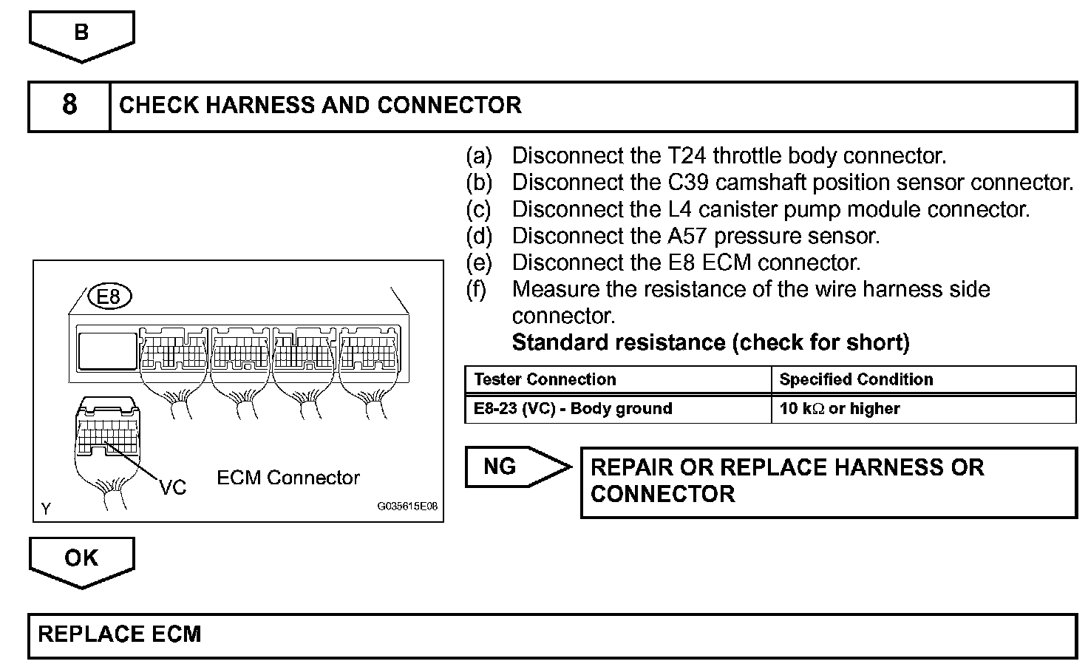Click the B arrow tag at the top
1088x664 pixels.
(x=81, y=33)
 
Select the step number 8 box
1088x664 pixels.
(x=69, y=105)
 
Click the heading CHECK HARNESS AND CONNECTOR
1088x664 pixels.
(x=320, y=105)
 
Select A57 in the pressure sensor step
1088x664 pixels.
(x=682, y=236)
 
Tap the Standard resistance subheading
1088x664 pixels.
(x=710, y=342)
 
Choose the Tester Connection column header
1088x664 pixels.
(x=545, y=379)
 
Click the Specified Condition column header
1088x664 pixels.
(x=856, y=379)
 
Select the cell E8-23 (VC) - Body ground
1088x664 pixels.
(x=573, y=408)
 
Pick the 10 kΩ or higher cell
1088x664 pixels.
(x=840, y=408)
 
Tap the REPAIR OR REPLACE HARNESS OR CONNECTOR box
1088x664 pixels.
(x=828, y=481)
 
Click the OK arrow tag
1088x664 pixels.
(x=81, y=558)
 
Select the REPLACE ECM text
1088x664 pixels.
(x=120, y=634)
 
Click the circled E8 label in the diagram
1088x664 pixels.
(x=109, y=297)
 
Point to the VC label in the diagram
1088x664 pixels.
(x=173, y=487)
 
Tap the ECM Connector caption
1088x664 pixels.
(x=288, y=478)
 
